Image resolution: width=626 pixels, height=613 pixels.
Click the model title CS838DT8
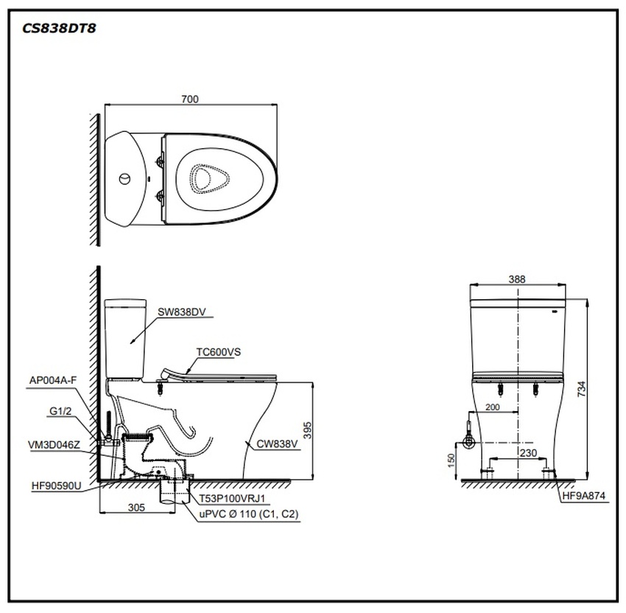point(57,29)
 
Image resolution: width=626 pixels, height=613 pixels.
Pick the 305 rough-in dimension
point(135,508)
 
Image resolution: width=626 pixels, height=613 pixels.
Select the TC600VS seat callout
point(218,352)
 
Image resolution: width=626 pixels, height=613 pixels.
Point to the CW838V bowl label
point(277,444)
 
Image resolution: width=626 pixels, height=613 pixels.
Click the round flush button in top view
point(126,178)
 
